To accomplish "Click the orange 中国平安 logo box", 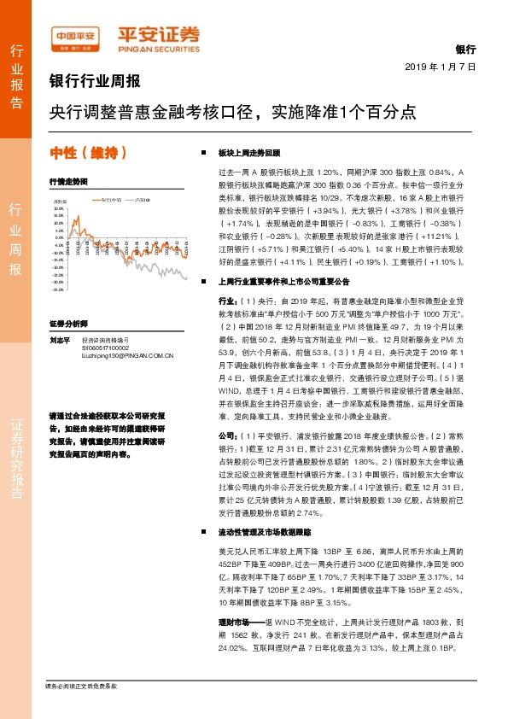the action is pos(76,37).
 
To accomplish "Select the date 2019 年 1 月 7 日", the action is pos(439,66).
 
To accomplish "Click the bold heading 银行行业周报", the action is pos(95,83).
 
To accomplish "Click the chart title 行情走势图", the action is pos(68,182).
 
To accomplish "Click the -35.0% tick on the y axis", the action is pos(58,289).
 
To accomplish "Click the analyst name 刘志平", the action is pos(59,339).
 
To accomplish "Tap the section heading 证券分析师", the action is pos(68,324).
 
